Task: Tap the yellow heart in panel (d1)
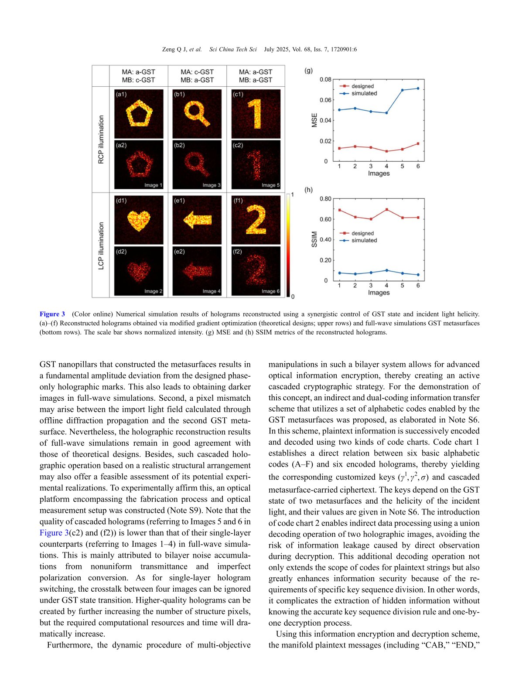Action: pyautogui.click(x=139, y=219)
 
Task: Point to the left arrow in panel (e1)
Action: pyautogui.click(x=198, y=220)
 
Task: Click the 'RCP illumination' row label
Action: pyautogui.click(x=101, y=140)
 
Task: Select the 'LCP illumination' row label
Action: pyautogui.click(x=101, y=245)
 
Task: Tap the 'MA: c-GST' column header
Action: pyautogui.click(x=197, y=72)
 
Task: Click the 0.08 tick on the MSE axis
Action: pyautogui.click(x=325, y=80)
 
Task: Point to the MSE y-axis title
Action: pyautogui.click(x=314, y=120)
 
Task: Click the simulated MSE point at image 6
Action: pyautogui.click(x=418, y=89)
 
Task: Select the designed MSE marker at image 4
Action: pyautogui.click(x=386, y=151)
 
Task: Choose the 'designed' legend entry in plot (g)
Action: pyautogui.click(x=362, y=86)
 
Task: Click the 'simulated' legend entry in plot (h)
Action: pyautogui.click(x=364, y=240)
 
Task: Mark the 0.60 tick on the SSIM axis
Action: pyautogui.click(x=325, y=219)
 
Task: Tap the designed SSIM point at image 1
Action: pyautogui.click(x=339, y=210)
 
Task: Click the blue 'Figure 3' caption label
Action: pyautogui.click(x=52, y=314)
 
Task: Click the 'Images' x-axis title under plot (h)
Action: pyautogui.click(x=379, y=293)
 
